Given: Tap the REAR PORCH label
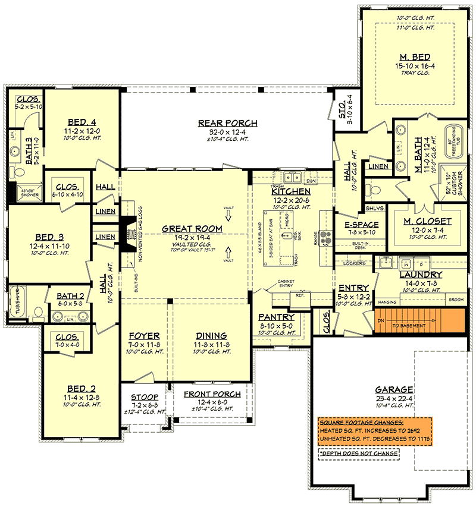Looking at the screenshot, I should (x=228, y=124).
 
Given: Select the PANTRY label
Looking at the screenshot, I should (x=276, y=317).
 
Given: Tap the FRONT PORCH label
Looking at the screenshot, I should (x=212, y=393).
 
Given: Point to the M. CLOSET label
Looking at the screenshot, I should (x=427, y=221).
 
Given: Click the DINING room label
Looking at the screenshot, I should (x=211, y=336).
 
